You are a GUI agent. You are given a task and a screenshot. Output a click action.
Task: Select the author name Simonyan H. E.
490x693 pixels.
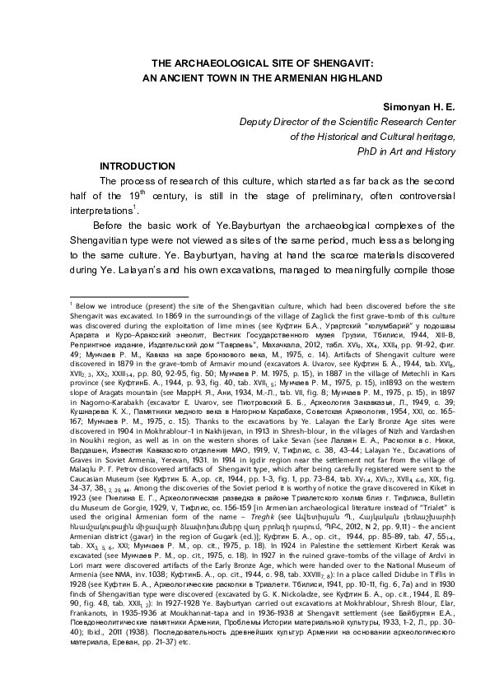coord(420,107)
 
